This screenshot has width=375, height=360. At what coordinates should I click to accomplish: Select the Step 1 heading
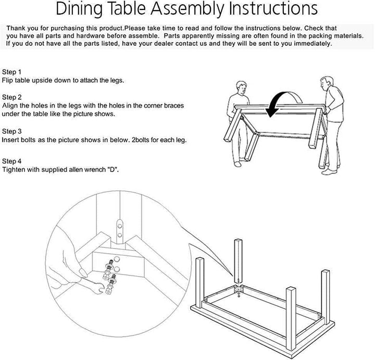(x=12, y=71)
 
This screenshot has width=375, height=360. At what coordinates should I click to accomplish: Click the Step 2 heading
(x=12, y=97)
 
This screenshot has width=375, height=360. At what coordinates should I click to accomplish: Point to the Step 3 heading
(x=12, y=131)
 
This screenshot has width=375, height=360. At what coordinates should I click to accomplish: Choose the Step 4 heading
(x=12, y=160)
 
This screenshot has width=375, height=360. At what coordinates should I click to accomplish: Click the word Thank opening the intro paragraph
(x=16, y=27)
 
